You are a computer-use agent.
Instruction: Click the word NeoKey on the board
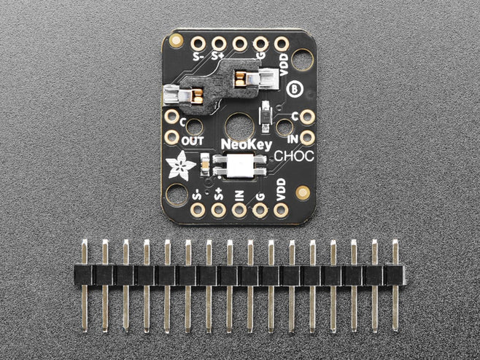point(246,144)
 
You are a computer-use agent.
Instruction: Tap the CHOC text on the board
point(294,156)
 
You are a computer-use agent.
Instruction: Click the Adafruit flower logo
point(180,165)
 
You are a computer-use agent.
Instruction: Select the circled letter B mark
point(295,90)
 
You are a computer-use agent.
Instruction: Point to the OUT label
point(193,141)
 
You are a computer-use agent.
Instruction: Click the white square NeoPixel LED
point(240,166)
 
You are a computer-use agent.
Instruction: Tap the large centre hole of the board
point(240,128)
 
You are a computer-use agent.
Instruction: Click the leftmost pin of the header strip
point(85,286)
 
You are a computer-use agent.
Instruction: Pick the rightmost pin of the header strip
point(395,286)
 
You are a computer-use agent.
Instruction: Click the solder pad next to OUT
point(171,137)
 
